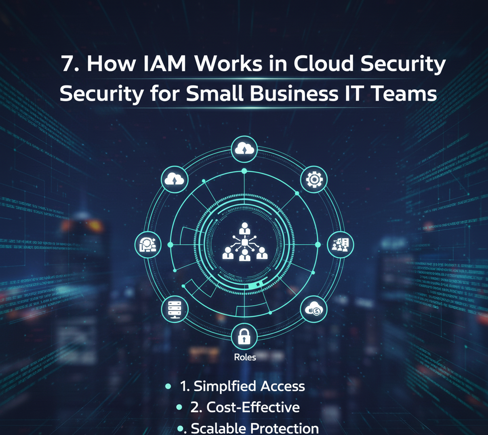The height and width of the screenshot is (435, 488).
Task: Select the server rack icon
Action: click(175, 309)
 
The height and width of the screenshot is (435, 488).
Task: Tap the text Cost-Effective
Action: click(253, 407)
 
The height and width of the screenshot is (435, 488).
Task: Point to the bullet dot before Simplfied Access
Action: click(168, 386)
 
